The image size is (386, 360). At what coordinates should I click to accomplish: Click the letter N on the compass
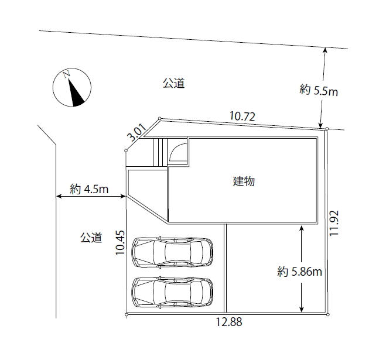(x=67, y=74)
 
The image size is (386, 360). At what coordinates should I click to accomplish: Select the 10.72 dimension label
(x=242, y=116)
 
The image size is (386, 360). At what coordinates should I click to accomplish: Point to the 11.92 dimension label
(x=334, y=223)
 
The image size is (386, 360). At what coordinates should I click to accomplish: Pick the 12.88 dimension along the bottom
(x=229, y=321)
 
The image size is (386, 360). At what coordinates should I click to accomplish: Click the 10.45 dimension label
(x=121, y=242)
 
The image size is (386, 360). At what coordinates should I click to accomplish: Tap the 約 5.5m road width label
(x=319, y=90)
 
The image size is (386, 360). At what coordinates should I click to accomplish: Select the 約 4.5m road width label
(x=89, y=189)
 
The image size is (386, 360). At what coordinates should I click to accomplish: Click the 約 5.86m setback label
(x=299, y=272)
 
